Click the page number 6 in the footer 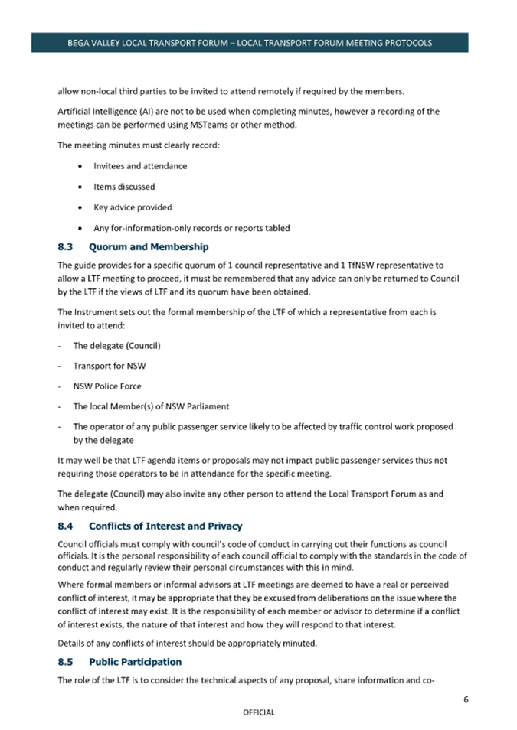coord(466,699)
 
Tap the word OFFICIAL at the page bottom coord(258,712)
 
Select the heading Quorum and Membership coord(148,247)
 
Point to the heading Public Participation coord(135,661)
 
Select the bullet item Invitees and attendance coord(140,166)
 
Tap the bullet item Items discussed coord(124,187)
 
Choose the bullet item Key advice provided coord(133,207)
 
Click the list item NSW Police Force coord(107,386)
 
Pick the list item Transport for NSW coord(110,366)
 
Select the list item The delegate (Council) coord(116,345)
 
